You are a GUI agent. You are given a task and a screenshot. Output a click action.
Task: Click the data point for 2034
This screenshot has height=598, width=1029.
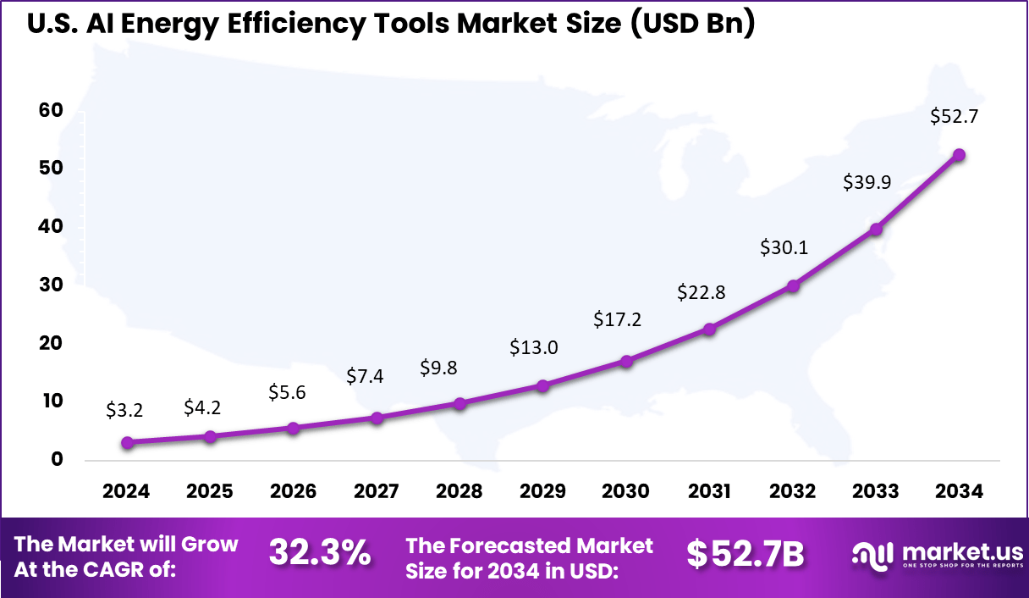959,155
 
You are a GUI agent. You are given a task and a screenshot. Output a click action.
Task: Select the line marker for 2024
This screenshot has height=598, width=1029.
127,442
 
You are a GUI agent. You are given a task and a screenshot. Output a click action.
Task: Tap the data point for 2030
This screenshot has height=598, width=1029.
626,362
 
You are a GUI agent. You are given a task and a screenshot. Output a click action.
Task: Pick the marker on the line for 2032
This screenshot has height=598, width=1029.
793,286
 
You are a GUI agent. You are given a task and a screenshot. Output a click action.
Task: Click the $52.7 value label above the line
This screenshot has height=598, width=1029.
954,117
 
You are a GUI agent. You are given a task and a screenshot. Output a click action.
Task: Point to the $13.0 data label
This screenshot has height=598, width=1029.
533,347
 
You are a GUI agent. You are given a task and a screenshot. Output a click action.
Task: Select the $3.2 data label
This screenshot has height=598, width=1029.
124,410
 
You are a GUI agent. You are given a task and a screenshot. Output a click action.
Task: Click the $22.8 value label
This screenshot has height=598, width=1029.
701,292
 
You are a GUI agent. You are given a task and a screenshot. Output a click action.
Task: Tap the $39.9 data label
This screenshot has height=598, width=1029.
867,182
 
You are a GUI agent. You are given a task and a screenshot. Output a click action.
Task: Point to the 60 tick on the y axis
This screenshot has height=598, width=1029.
51,111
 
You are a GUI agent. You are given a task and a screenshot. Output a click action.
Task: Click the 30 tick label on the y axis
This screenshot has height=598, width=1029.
51,285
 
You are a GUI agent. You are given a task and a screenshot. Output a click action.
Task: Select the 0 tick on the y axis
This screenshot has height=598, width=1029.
56,460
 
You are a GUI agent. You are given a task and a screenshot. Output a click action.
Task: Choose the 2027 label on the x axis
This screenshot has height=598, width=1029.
377,492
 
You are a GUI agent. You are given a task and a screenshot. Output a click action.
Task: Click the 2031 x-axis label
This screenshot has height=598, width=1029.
709,492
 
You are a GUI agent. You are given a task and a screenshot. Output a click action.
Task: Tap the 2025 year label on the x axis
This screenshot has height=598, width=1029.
210,492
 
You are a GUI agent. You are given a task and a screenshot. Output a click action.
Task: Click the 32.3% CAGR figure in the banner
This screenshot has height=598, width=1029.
320,553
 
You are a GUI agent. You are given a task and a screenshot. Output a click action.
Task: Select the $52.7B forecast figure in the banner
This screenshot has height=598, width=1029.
745,553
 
